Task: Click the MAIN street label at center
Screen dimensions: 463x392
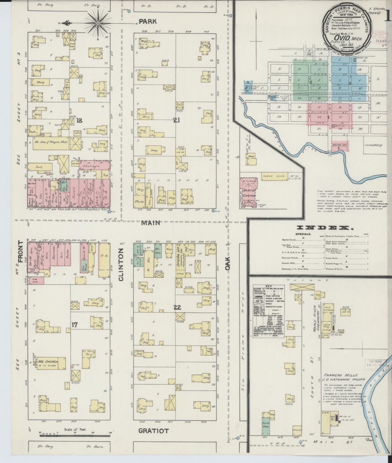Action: tap(150, 223)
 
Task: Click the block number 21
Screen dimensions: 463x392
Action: tap(177, 120)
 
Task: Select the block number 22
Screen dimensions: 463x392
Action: tap(177, 307)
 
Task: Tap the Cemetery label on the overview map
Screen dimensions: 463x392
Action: tap(374, 145)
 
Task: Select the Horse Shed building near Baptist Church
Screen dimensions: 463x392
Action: tap(274, 176)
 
